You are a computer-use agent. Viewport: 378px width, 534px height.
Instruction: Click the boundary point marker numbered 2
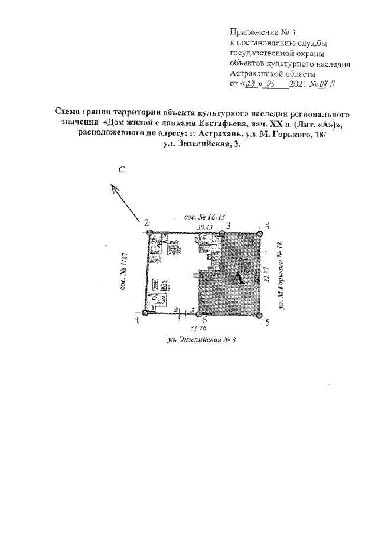(150, 233)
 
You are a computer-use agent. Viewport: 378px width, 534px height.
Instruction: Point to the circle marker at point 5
(260, 316)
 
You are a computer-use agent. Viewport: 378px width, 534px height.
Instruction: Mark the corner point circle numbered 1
(145, 317)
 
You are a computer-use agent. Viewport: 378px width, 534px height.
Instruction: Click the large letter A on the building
(239, 279)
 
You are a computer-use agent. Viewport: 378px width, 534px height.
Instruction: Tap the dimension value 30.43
(203, 227)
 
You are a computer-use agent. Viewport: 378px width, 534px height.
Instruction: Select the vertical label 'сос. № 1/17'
(125, 274)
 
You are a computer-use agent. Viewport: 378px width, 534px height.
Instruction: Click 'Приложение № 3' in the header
(257, 32)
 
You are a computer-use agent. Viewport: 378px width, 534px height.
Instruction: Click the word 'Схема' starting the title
(68, 112)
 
